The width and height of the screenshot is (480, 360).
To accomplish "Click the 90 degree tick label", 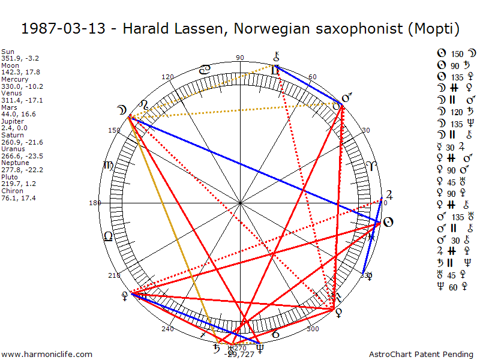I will [x=241, y=58].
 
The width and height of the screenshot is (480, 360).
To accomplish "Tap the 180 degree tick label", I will [x=94, y=203].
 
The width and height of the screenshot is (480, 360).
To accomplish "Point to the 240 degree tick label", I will [x=167, y=328].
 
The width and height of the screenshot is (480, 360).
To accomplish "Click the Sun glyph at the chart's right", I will [x=388, y=223].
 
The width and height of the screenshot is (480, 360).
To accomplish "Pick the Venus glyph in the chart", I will [x=338, y=312].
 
